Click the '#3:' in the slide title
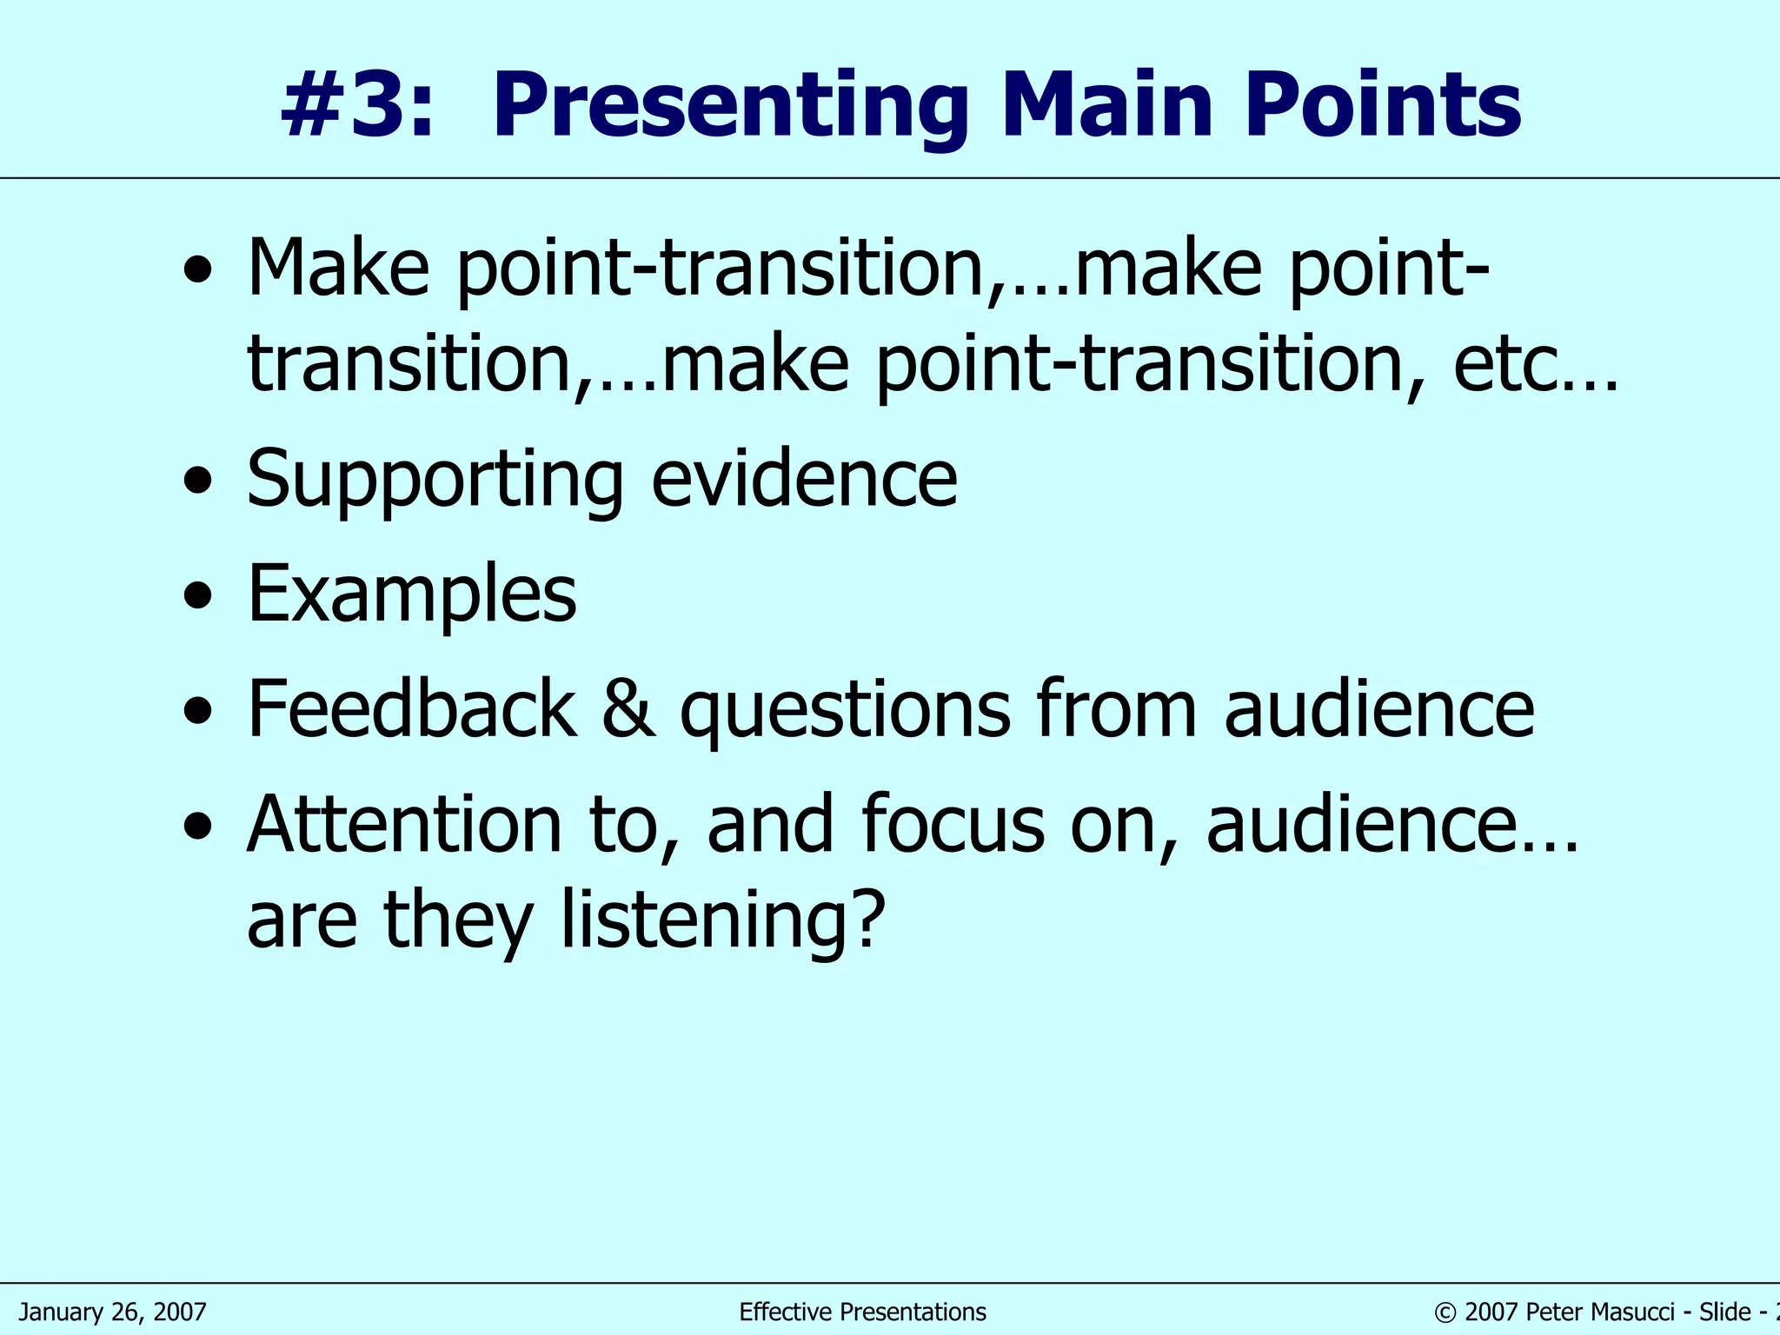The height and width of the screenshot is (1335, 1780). click(x=356, y=106)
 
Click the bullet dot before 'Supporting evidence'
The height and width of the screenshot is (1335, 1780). click(x=198, y=480)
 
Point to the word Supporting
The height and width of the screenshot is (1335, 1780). click(x=435, y=480)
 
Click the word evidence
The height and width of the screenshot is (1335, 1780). click(x=804, y=480)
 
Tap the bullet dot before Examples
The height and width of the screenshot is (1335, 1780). click(x=198, y=596)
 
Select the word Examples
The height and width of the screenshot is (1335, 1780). click(x=412, y=594)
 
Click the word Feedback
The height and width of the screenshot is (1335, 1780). click(x=412, y=709)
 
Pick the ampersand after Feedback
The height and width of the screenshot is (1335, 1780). click(x=628, y=709)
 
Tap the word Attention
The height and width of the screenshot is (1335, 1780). click(x=405, y=824)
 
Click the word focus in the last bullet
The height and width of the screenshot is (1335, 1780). click(x=953, y=824)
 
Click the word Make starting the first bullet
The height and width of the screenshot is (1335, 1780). click(x=339, y=268)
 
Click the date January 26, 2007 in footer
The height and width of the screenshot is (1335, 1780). click(x=113, y=1312)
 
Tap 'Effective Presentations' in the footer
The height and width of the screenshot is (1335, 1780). click(x=862, y=1312)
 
